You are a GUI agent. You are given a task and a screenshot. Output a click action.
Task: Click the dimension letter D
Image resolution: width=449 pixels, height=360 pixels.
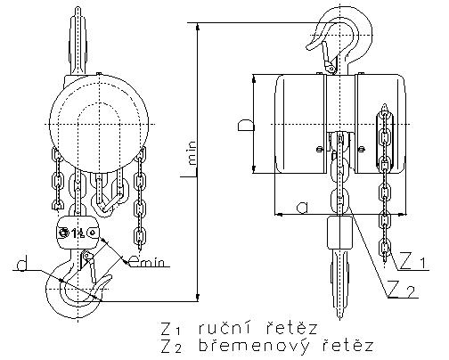(x=246, y=125)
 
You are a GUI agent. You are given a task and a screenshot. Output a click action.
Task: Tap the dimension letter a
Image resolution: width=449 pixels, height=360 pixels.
(x=302, y=207)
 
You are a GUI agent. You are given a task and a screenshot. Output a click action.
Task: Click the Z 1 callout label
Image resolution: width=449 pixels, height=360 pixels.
(x=413, y=260)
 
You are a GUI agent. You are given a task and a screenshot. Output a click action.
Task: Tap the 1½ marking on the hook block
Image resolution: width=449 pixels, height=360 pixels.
(x=78, y=233)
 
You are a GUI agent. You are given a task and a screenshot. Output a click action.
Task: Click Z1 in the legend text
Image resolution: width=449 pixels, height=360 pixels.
(x=171, y=329)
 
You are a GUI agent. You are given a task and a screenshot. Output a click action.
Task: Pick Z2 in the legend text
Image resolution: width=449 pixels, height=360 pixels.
(x=171, y=347)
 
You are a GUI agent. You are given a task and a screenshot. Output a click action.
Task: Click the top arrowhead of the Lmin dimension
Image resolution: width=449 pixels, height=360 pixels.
(x=198, y=27)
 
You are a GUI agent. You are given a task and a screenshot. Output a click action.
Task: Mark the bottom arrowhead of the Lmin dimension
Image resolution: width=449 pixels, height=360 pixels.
(x=198, y=298)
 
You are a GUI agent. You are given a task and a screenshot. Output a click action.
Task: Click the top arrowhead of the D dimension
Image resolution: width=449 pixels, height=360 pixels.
(x=254, y=78)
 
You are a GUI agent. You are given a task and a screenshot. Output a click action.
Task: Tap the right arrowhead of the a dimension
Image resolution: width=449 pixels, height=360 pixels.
(x=402, y=214)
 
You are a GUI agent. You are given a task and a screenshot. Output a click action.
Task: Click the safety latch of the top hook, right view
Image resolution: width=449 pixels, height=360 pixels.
(x=327, y=56)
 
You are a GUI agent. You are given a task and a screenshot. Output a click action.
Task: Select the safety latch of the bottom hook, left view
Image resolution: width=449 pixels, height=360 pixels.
(x=90, y=266)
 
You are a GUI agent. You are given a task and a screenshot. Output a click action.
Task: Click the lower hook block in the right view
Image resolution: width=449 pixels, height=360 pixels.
(x=339, y=233)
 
